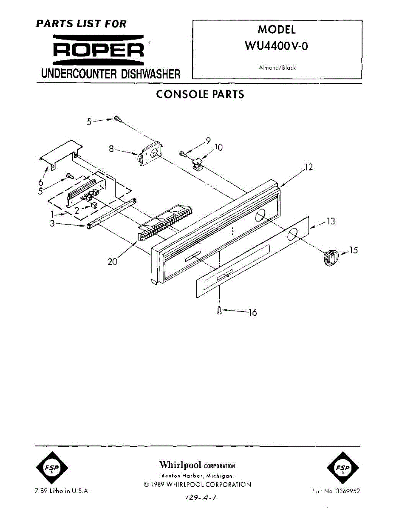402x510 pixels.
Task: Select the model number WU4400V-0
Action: [277, 46]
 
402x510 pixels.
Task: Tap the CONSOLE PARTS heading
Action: [200, 94]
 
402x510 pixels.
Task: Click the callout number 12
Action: [309, 167]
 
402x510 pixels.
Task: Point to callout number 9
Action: [208, 140]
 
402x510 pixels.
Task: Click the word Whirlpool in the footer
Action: [180, 464]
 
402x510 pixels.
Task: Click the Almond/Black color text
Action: [277, 68]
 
